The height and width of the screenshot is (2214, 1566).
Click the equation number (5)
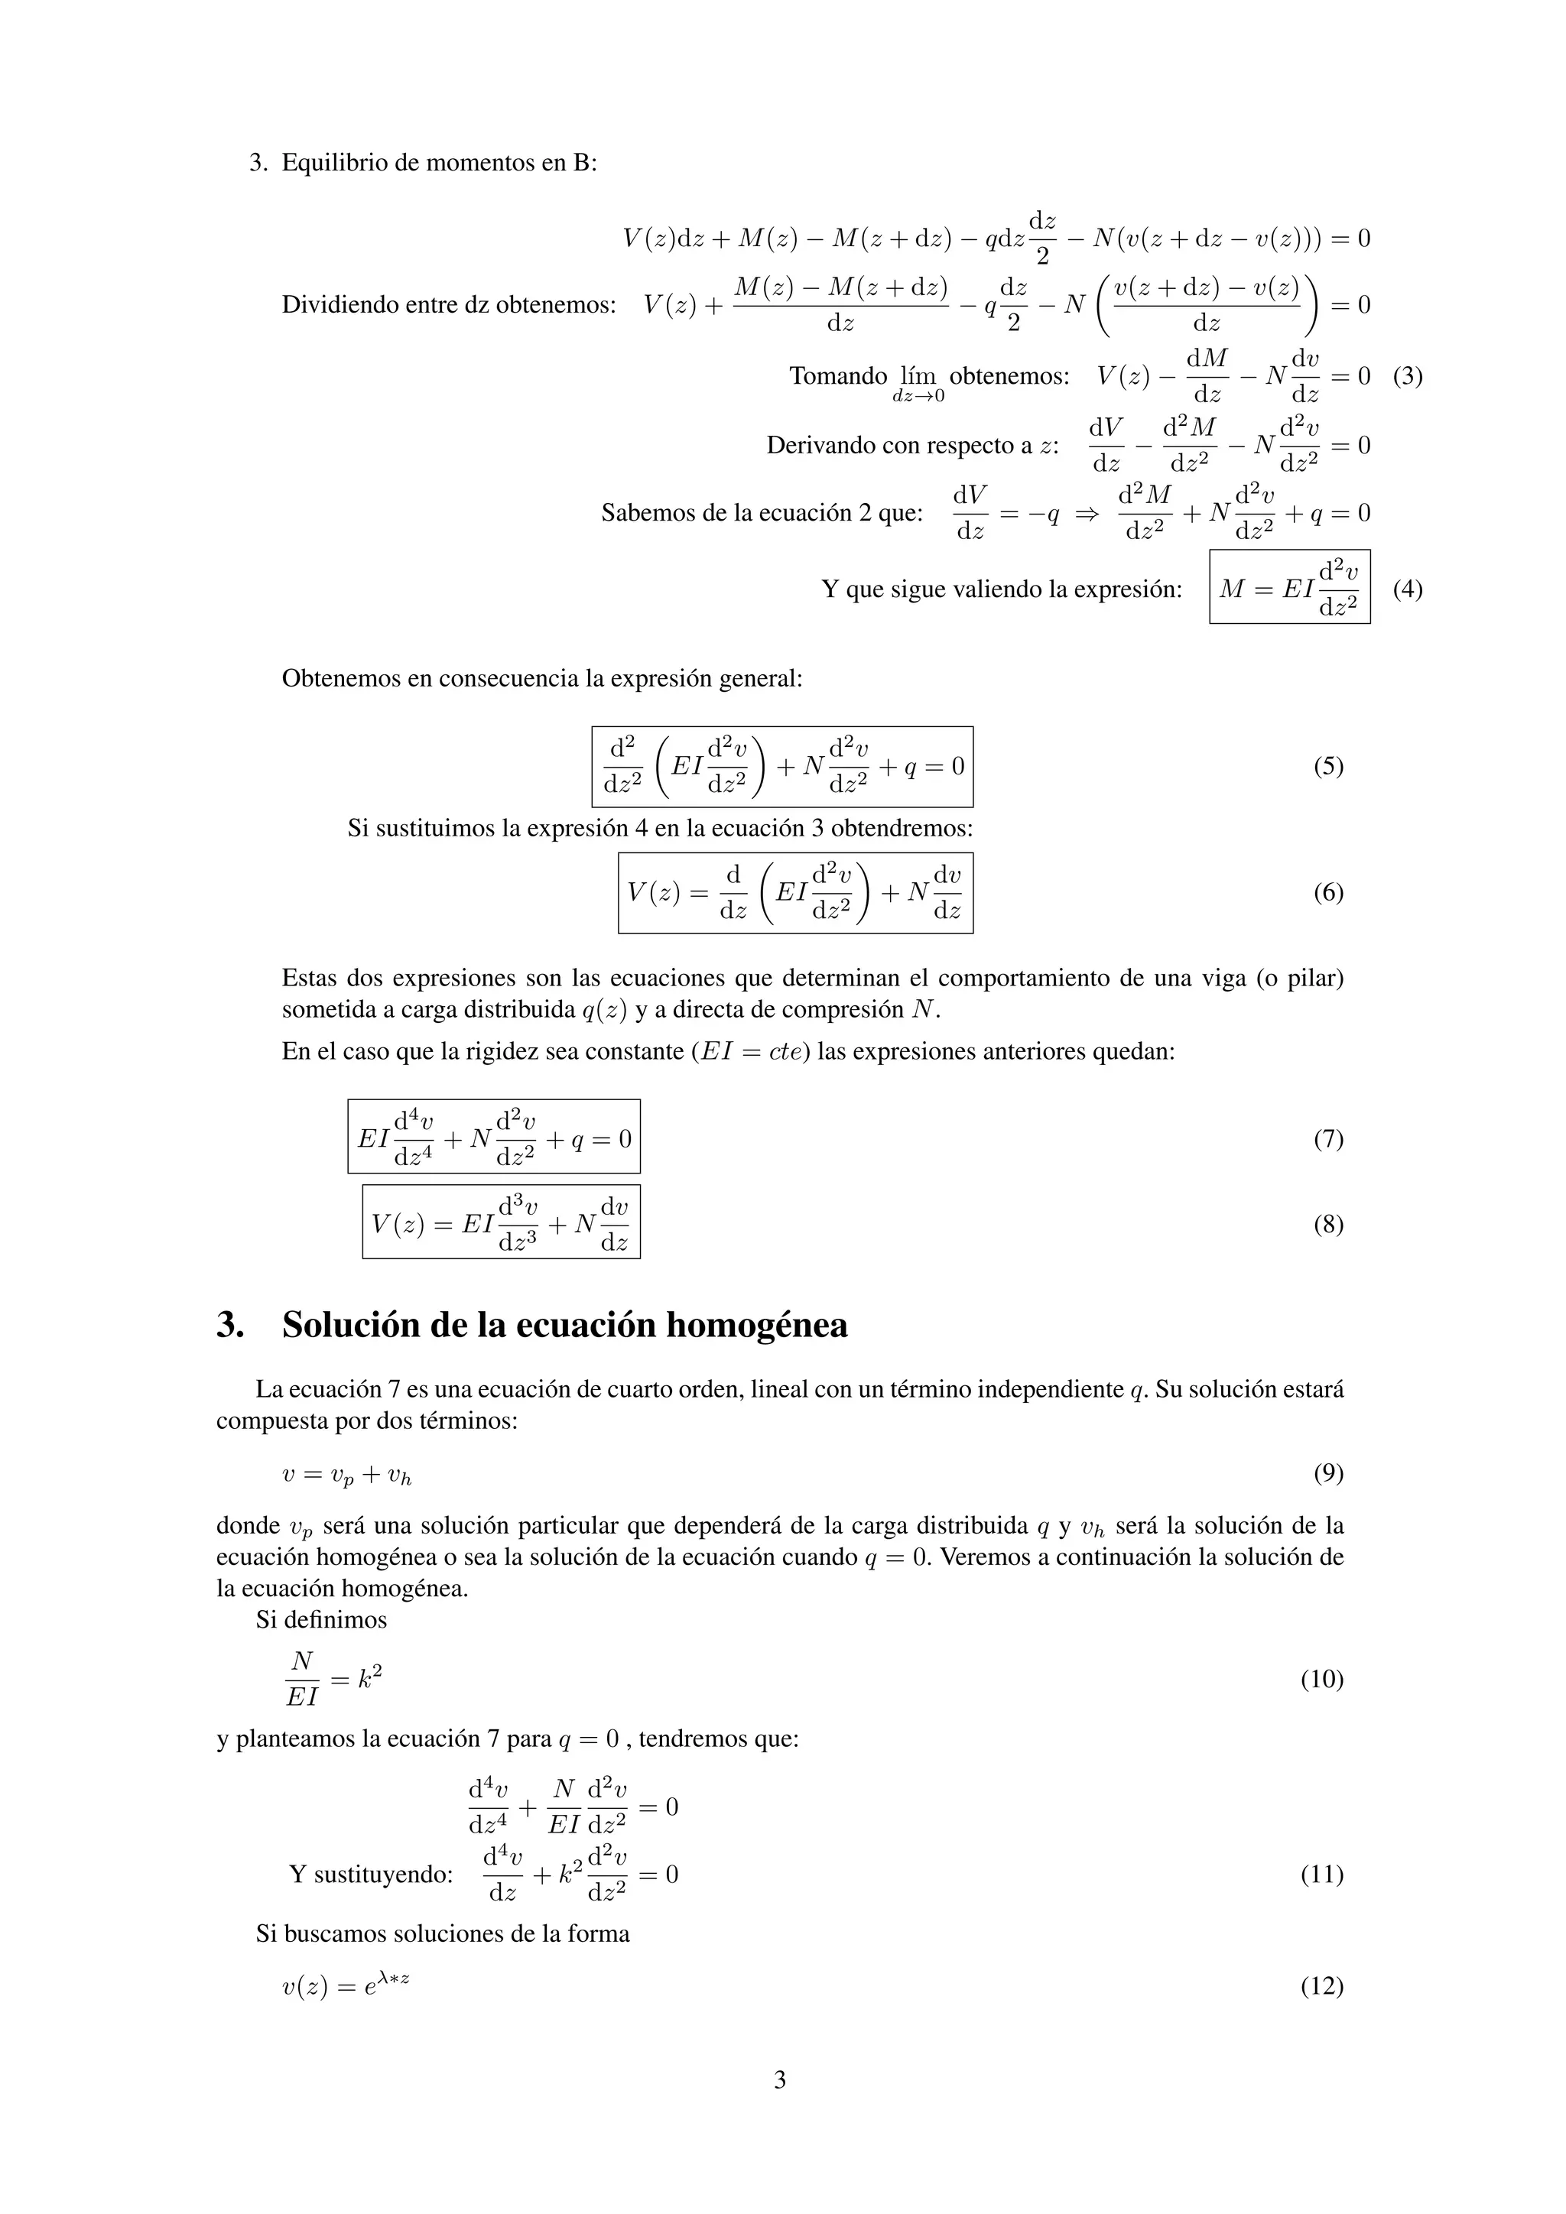1328,767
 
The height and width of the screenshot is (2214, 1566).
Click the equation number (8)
1328,1225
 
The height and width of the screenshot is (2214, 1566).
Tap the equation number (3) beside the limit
1407,376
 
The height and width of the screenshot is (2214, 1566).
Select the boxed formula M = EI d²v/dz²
1289,587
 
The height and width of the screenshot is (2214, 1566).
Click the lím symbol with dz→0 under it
917,381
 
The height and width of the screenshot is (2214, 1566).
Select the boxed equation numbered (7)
494,1137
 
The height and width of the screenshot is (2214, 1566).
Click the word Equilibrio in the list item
335,163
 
